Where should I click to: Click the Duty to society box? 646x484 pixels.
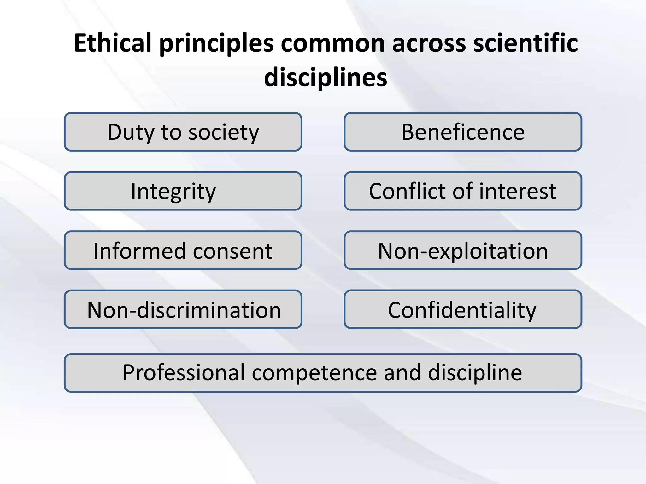click(183, 132)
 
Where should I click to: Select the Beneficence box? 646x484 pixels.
click(463, 132)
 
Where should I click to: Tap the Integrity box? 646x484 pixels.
click(183, 191)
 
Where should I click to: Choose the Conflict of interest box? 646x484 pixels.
click(463, 191)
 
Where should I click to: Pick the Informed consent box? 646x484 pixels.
click(183, 251)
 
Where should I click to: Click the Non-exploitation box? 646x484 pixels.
click(463, 251)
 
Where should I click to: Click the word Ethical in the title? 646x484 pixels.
click(113, 43)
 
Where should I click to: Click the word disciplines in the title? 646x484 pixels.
click(326, 78)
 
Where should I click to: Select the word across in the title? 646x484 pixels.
click(429, 43)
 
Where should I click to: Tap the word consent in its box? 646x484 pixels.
click(233, 251)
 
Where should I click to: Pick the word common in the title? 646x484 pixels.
click(333, 43)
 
